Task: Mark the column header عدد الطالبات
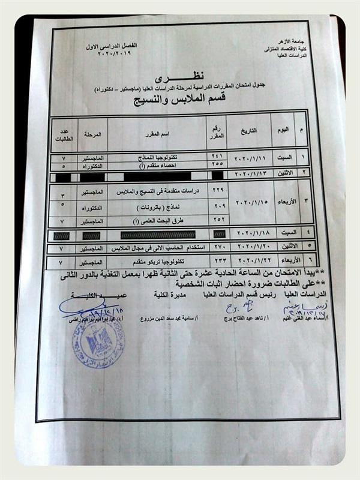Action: pyautogui.click(x=64, y=133)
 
